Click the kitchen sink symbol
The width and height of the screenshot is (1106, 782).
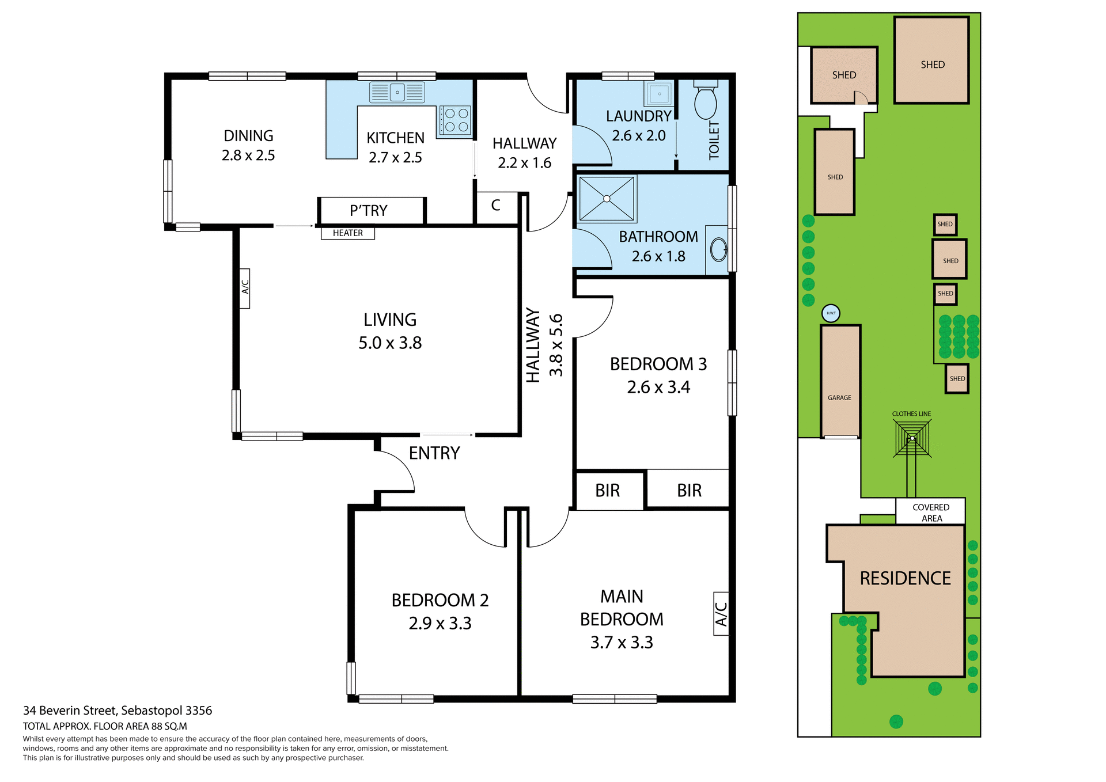click(x=397, y=92)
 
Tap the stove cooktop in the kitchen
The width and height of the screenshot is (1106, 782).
click(x=456, y=120)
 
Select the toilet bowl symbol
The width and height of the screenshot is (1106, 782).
click(x=705, y=103)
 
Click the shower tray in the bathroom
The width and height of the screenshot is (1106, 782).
click(x=607, y=199)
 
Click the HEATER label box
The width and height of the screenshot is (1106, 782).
click(x=347, y=233)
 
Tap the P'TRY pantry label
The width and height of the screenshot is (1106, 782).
click(x=369, y=211)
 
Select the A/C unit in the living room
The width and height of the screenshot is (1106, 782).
click(x=244, y=288)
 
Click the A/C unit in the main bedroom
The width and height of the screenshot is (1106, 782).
click(x=721, y=614)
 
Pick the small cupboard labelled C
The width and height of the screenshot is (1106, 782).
click(x=495, y=206)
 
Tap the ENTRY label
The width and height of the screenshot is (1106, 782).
click(x=434, y=453)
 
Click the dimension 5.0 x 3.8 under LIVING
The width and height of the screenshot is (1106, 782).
click(x=390, y=343)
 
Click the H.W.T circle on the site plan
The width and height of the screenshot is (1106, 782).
click(x=831, y=313)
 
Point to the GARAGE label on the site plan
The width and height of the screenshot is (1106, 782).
click(x=839, y=398)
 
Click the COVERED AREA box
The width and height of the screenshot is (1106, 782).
click(x=930, y=512)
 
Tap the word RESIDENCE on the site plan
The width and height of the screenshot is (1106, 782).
click(x=905, y=578)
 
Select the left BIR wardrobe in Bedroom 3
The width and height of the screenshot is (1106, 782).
click(x=608, y=491)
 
